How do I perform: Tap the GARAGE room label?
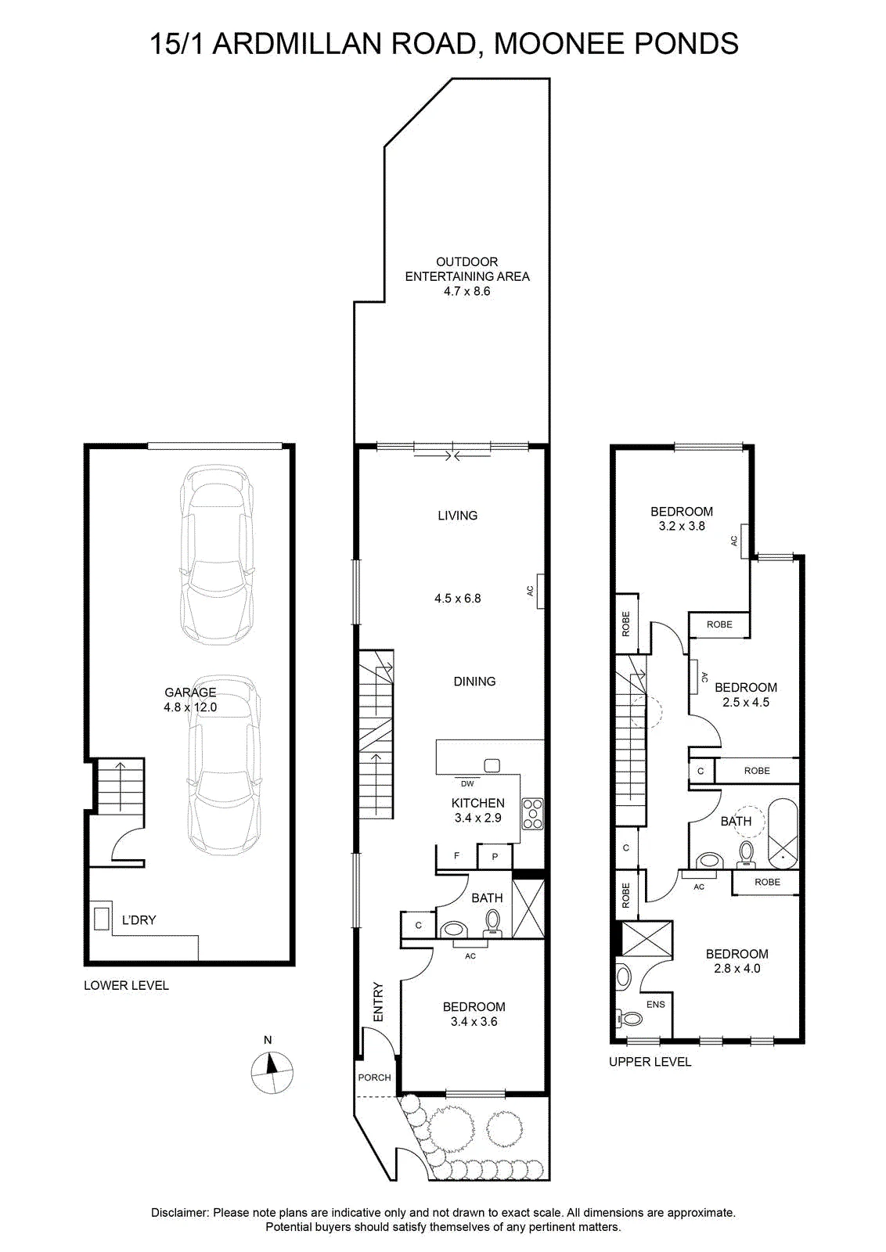pyautogui.click(x=190, y=693)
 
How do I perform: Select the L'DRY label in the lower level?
pyautogui.click(x=139, y=920)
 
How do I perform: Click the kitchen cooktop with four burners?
pyautogui.click(x=532, y=814)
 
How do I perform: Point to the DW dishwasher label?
pyautogui.click(x=467, y=783)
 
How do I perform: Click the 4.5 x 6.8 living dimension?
pyautogui.click(x=458, y=598)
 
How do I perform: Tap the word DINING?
pyautogui.click(x=474, y=681)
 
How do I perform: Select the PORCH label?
pyautogui.click(x=375, y=1077)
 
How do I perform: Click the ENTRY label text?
pyautogui.click(x=379, y=1002)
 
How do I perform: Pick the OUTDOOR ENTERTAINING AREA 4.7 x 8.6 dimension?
pyautogui.click(x=466, y=290)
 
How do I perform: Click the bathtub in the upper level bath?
pyautogui.click(x=783, y=834)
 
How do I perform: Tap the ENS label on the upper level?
pyautogui.click(x=656, y=1005)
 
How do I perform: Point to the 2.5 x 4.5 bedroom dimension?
pyautogui.click(x=746, y=702)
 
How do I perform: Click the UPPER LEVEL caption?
pyautogui.click(x=650, y=1061)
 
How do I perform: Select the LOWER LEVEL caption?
pyautogui.click(x=126, y=985)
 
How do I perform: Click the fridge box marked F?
pyautogui.click(x=456, y=856)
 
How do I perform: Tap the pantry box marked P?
pyautogui.click(x=495, y=856)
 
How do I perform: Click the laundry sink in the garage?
pyautogui.click(x=101, y=919)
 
